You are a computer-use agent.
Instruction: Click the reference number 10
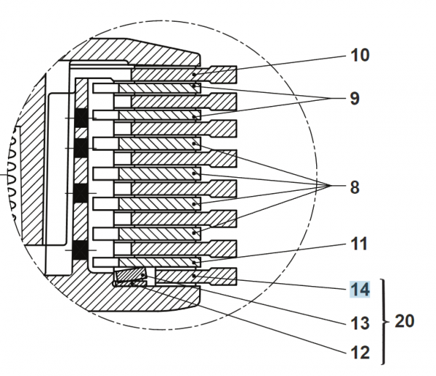tap(359, 55)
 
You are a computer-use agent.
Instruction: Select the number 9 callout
tap(354, 98)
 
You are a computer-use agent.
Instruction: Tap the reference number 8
tap(354, 187)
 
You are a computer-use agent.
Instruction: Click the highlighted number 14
tap(359, 290)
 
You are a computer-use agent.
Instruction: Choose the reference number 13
tap(359, 322)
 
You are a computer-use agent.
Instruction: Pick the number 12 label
tap(359, 353)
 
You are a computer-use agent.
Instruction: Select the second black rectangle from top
tap(80, 148)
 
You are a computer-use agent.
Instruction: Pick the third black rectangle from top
tap(80, 193)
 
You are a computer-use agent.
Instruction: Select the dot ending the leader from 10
tap(195, 73)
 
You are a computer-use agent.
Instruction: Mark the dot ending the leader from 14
tap(195, 276)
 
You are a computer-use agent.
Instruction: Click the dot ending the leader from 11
tap(195, 261)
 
